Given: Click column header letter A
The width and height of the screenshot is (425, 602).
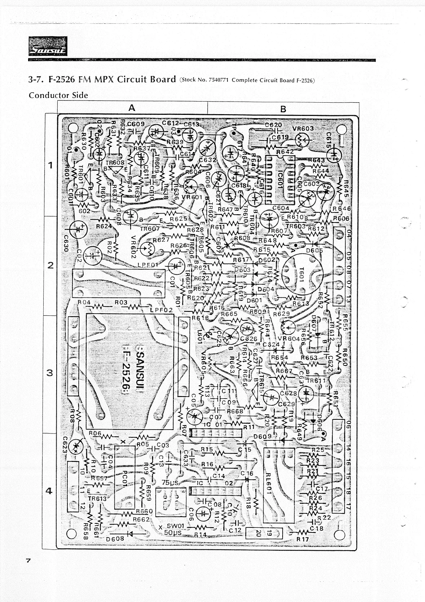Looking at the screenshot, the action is coord(132,108).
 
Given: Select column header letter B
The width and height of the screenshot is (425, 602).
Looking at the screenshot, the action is coord(283,108).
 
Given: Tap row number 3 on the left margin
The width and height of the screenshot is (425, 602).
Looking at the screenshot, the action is coord(50,373).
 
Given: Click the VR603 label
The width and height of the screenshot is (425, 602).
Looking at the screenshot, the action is coord(303,129).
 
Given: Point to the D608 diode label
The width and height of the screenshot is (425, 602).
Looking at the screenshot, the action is coord(115,539).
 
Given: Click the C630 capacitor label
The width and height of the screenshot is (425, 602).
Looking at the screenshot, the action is coord(66,244).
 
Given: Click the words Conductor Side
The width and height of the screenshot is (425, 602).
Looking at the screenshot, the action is coord(58,95).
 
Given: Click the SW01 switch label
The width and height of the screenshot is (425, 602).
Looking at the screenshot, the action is coord(177,526).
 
